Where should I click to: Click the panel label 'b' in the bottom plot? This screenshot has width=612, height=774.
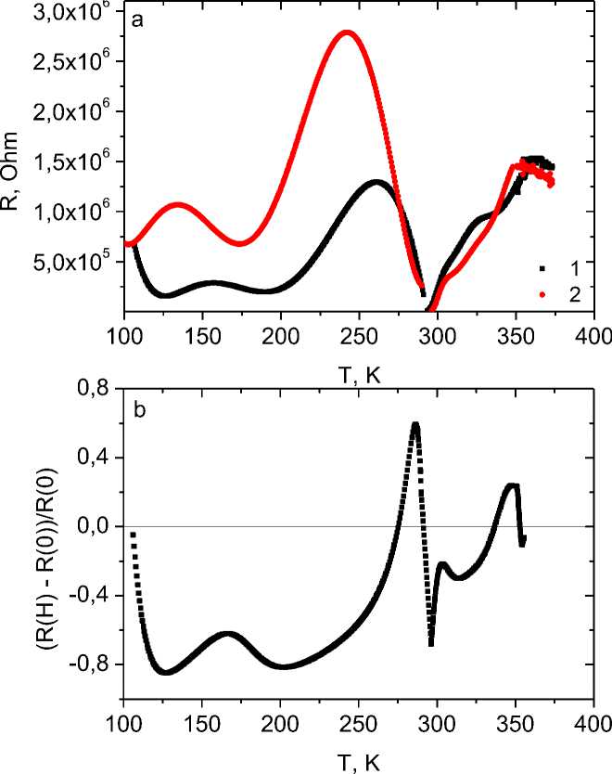[138, 412]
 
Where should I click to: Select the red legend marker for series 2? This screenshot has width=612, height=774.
[542, 292]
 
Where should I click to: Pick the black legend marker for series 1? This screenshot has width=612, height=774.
[542, 267]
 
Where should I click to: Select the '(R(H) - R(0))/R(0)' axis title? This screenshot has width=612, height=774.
[13, 548]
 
